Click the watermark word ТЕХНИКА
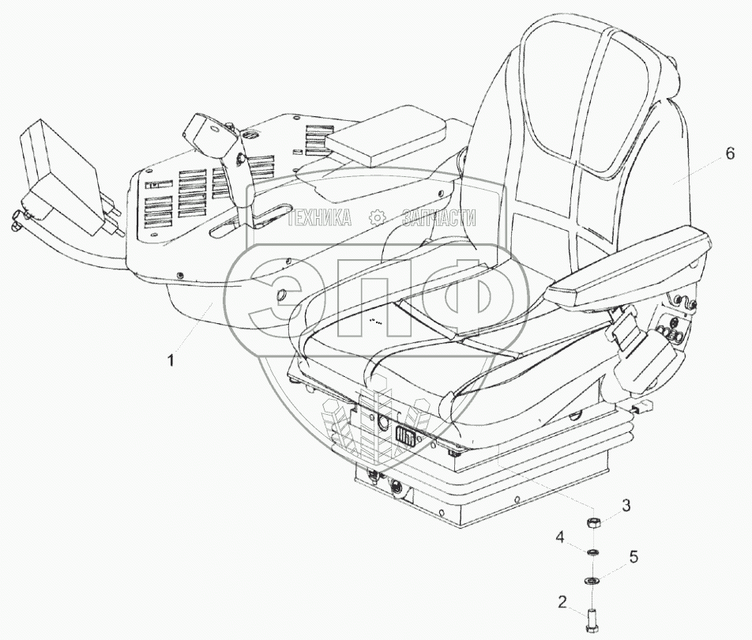click(x=319, y=218)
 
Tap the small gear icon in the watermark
click(x=378, y=218)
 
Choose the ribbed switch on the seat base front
click(x=406, y=436)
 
